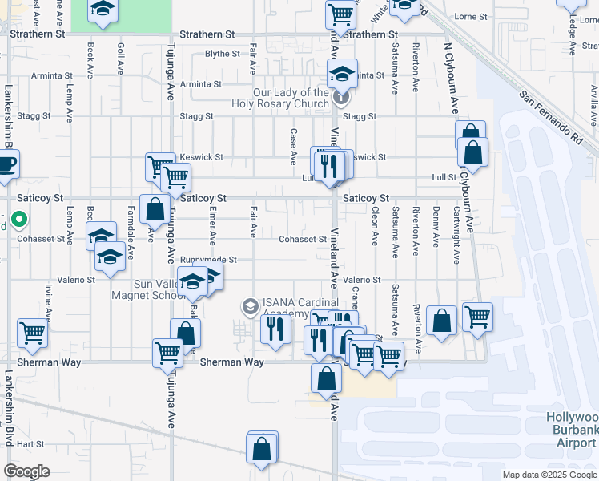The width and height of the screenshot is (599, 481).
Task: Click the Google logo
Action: pos(27,471)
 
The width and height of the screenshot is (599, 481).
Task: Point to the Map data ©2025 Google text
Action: pos(549,475)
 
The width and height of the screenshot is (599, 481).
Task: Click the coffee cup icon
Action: pos(6,164)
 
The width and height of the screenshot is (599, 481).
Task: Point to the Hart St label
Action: pos(30,443)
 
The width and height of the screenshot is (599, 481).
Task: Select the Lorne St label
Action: pos(471,17)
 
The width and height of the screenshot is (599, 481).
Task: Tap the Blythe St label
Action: pos(223,54)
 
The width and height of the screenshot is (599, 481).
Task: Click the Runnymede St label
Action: pos(208,260)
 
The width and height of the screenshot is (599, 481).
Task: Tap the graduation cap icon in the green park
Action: pos(102,10)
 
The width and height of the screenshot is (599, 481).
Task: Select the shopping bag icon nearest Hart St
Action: pos(262,449)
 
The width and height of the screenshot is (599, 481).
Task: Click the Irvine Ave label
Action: pos(49,298)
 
